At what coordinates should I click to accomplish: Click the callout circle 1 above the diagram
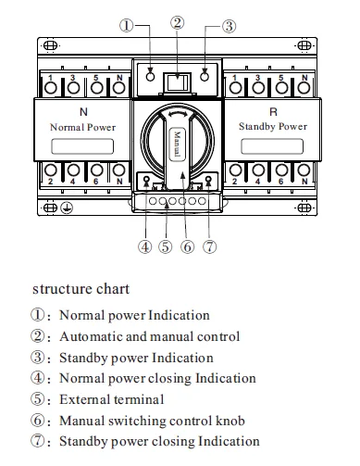pos(129,26)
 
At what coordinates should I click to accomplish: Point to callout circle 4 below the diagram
pos(144,246)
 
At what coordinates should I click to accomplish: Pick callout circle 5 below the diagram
pos(165,246)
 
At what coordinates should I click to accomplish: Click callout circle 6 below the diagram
pos(187,246)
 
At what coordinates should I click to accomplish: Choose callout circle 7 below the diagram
pos(209,246)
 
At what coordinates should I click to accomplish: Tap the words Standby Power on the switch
pos(273,125)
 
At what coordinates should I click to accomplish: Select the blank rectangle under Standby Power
pos(273,145)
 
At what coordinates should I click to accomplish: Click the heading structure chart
pos(75,289)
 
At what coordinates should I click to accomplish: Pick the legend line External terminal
pos(111,399)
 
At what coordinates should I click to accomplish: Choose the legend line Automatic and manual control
pos(149,336)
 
